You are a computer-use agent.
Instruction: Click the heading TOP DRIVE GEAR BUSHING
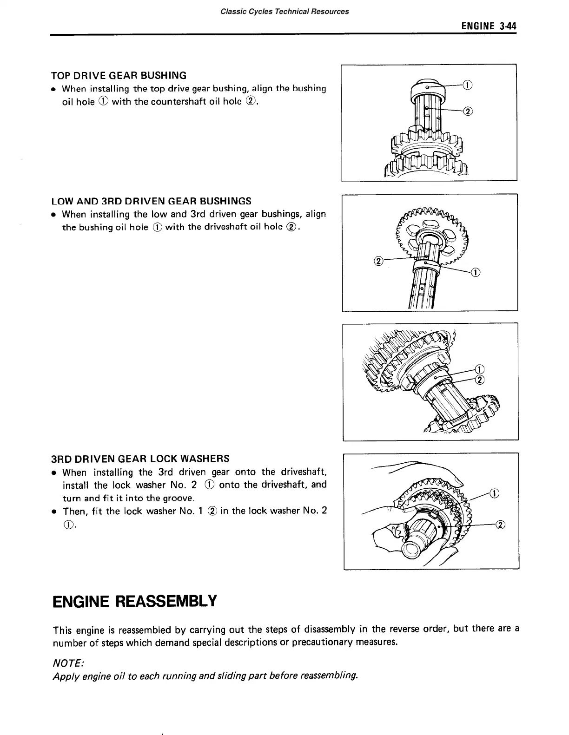pos(119,75)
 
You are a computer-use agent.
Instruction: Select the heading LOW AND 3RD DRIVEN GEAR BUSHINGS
pos(151,201)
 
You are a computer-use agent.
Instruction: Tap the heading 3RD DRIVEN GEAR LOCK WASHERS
pos(140,459)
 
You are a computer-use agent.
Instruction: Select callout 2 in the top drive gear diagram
pos(468,111)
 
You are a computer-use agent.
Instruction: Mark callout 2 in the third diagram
pos(480,381)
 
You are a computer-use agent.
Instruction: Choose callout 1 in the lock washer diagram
pos(495,493)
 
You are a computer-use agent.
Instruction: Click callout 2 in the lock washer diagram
pos(500,525)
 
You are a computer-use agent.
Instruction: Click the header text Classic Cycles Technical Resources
pos(284,11)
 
